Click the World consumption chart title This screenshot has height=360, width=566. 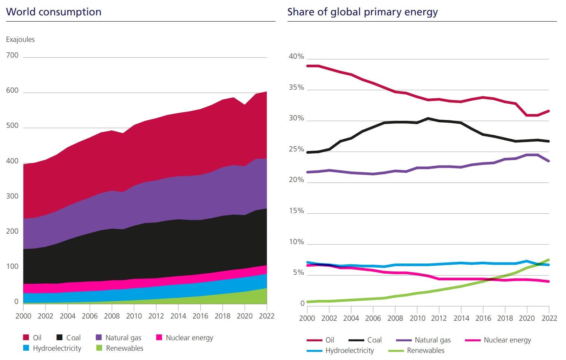54,12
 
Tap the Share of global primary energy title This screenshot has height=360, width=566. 362,12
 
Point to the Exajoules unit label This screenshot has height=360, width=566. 20,40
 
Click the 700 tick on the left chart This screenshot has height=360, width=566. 12,55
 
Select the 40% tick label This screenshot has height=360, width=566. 296,56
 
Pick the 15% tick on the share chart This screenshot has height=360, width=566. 296,211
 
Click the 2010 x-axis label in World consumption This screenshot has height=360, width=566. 134,316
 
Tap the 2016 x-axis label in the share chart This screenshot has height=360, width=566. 483,318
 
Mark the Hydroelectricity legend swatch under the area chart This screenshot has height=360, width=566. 26,348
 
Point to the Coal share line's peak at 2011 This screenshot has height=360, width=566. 428,119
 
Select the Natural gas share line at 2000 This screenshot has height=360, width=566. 307,172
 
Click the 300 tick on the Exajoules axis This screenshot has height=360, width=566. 12,196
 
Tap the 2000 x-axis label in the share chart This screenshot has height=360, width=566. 307,318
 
